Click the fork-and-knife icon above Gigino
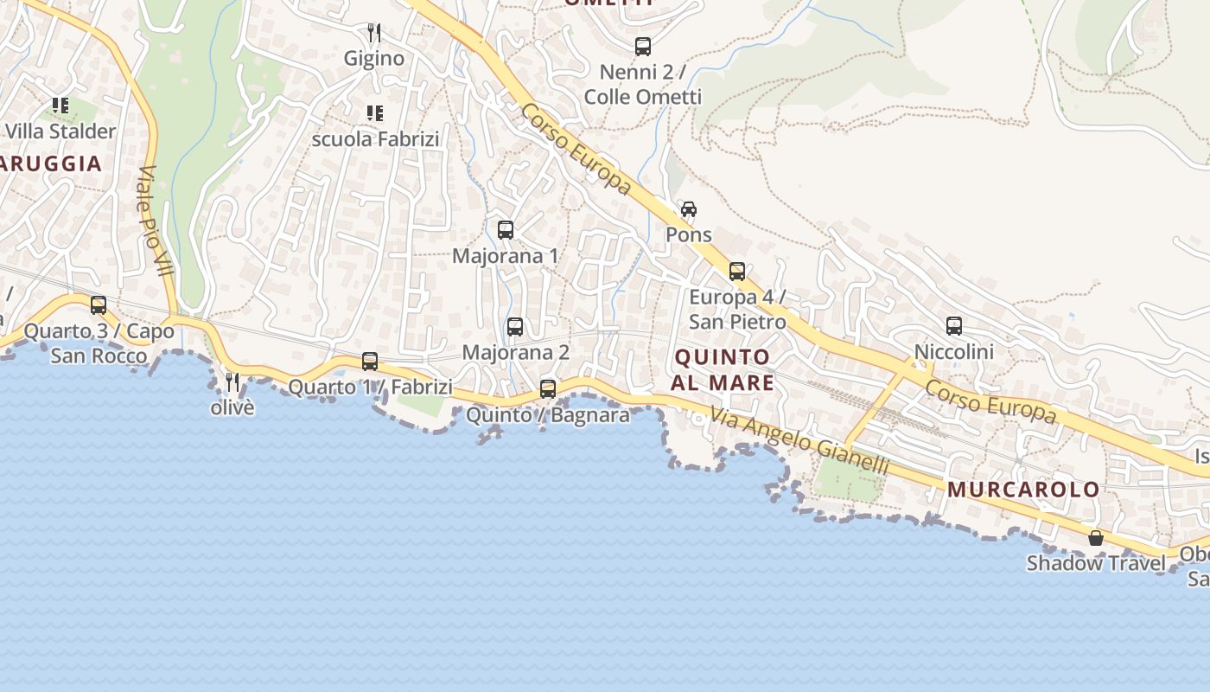pos(374,33)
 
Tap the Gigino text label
pos(374,59)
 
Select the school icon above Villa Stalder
pos(60,106)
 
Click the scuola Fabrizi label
pos(376,138)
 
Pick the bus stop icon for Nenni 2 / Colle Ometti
pos(643,47)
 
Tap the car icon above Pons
pos(688,209)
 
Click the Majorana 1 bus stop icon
pos(506,230)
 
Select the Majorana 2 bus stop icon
pos(515,327)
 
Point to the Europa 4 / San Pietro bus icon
pos(736,272)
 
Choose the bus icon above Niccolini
pos(954,326)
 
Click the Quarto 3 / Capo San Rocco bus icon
pos(99,305)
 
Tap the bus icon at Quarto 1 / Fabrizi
pos(370,362)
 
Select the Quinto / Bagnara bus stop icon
pos(548,389)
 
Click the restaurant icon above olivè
pos(232,381)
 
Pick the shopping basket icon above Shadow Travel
pos(1096,538)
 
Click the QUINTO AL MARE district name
pos(723,369)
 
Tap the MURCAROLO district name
pos(1023,490)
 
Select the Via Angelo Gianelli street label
pos(799,440)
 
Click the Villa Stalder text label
pos(60,131)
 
